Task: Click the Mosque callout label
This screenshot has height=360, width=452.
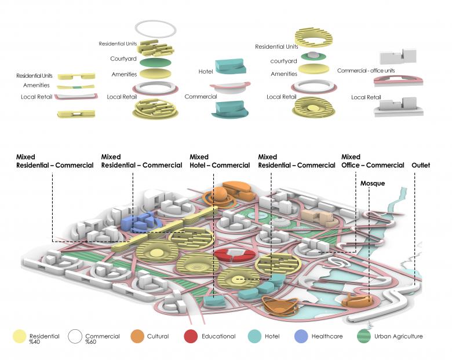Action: (372, 183)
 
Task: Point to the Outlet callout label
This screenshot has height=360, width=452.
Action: (422, 165)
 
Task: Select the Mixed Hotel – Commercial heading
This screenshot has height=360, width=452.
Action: (220, 161)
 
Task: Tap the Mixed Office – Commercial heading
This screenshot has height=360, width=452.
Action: (373, 161)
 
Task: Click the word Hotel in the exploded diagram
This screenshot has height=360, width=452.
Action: (205, 71)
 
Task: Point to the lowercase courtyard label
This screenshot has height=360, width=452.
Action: (285, 60)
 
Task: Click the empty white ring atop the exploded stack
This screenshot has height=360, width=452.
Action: (155, 27)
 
